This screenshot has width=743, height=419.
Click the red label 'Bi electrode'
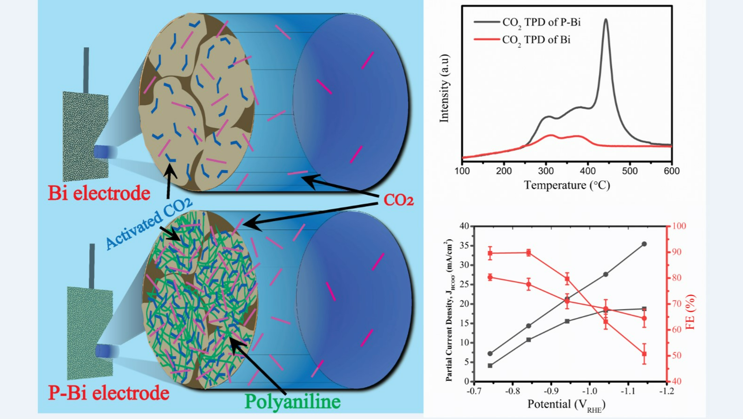(99, 193)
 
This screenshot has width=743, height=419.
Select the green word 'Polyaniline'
(292, 402)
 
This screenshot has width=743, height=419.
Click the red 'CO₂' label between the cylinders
(398, 200)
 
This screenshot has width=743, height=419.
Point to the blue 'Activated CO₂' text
(148, 223)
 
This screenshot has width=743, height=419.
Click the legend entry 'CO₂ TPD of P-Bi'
(541, 22)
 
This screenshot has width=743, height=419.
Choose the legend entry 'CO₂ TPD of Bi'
(536, 40)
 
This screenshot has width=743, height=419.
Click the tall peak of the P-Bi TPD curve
(606, 20)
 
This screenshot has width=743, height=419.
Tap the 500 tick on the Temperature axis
(630, 171)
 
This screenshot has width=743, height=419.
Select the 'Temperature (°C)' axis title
(567, 185)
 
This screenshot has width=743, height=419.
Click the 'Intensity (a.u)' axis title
(444, 88)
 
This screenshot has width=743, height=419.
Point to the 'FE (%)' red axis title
(691, 312)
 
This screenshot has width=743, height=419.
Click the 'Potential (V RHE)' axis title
(566, 405)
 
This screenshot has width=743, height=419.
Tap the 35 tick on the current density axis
(464, 245)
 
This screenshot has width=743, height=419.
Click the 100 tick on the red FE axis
(679, 226)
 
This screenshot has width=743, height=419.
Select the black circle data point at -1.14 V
(644, 244)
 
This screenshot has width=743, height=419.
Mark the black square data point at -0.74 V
(490, 366)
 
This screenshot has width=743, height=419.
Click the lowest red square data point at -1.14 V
(644, 354)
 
